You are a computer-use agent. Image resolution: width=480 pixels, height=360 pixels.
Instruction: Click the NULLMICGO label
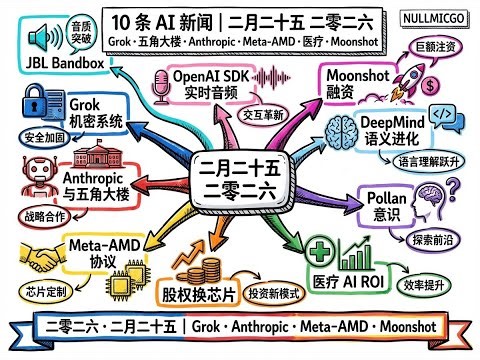click(438, 18)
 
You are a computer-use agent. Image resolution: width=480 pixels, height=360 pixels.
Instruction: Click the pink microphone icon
click(158, 88)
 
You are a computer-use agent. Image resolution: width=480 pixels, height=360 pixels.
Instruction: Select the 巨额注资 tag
click(436, 47)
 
